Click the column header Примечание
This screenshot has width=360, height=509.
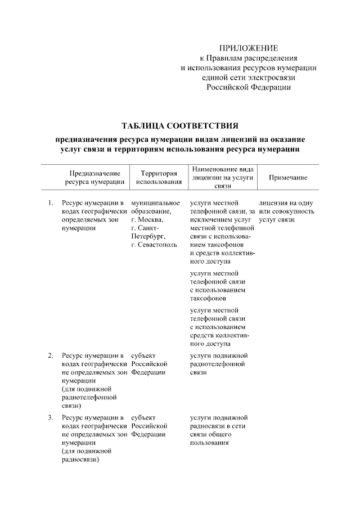287,178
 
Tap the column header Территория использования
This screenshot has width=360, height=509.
155,178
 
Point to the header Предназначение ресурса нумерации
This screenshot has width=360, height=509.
94,178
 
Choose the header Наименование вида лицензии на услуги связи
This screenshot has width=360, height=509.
223,177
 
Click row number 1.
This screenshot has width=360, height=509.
51,202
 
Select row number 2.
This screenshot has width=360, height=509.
51,355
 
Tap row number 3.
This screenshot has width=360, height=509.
51,417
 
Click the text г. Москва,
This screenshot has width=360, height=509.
147,219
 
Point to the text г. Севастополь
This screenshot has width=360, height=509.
154,245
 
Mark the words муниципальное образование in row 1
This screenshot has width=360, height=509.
155,206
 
